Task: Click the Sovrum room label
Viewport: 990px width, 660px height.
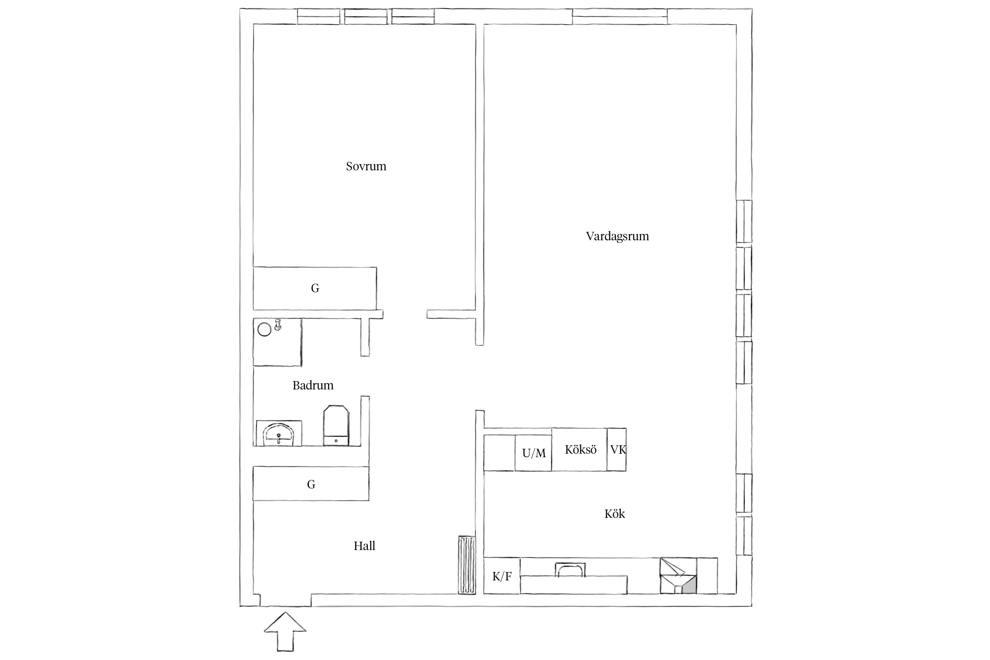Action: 366,166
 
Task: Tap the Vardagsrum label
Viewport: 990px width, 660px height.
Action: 617,236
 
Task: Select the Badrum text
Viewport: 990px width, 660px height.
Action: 313,385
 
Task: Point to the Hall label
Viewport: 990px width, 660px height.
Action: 364,546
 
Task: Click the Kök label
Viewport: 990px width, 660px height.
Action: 614,514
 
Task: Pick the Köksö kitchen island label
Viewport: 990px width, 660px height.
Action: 580,450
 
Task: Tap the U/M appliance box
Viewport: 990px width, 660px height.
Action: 533,453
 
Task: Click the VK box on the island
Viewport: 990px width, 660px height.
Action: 617,450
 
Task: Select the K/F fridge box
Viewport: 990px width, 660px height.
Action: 502,576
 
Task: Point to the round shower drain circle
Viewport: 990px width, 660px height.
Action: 264,330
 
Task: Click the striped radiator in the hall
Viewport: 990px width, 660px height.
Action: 466,565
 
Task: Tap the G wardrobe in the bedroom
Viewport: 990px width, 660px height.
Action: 315,288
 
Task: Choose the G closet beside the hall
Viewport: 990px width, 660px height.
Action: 311,484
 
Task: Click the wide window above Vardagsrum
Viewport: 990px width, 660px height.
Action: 619,16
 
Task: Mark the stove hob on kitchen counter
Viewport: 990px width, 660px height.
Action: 570,569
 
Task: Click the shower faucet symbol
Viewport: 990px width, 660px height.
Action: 278,325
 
